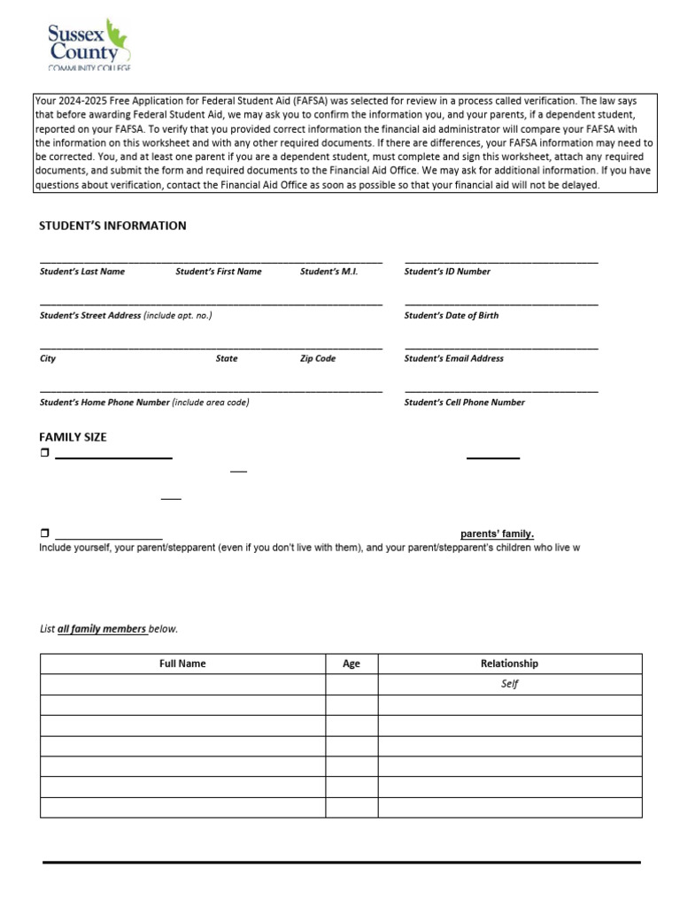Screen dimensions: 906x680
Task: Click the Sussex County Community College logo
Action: [88, 45]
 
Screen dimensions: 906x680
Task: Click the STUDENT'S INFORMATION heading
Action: [112, 226]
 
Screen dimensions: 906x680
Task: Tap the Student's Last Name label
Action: [82, 272]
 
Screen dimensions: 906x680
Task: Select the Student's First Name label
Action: [219, 272]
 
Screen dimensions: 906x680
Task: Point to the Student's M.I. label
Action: [328, 272]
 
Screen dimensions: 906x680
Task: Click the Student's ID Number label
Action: [447, 272]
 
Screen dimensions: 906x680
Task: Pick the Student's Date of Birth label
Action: [452, 315]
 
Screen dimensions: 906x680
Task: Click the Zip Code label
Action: [318, 358]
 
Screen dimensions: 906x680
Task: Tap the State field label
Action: [227, 358]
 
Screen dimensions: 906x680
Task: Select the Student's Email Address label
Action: [454, 358]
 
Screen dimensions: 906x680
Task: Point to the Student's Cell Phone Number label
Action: [465, 403]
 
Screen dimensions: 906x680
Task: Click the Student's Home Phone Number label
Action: [104, 403]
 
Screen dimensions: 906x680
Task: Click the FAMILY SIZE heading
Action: [73, 437]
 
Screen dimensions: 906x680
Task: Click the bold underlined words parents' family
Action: [497, 534]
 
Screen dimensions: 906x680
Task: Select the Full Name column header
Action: [182, 664]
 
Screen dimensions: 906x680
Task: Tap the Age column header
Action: [352, 664]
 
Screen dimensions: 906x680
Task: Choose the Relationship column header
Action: [509, 664]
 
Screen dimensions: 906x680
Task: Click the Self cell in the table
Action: [509, 684]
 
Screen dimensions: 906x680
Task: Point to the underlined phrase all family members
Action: [102, 629]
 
